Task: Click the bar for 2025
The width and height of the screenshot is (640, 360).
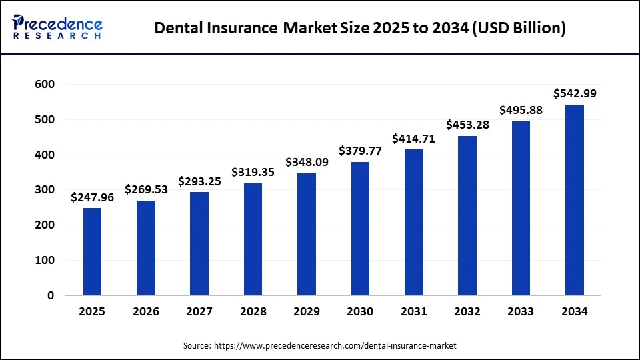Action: click(92, 251)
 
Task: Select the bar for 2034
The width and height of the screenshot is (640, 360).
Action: click(574, 200)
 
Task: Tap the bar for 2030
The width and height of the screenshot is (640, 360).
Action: click(360, 229)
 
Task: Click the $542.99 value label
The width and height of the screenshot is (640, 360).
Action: click(574, 94)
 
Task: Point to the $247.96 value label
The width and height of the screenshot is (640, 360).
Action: click(92, 197)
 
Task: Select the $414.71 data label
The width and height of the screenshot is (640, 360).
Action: click(413, 139)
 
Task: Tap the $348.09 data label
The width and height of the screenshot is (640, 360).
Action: click(306, 162)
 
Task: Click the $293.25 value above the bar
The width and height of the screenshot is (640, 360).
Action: click(199, 181)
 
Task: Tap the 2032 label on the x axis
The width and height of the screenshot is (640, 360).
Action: click(467, 312)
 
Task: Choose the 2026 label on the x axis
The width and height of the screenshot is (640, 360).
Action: click(146, 312)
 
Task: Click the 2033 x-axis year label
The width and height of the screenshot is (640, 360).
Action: click(521, 312)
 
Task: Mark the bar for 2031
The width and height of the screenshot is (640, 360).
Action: click(413, 222)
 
